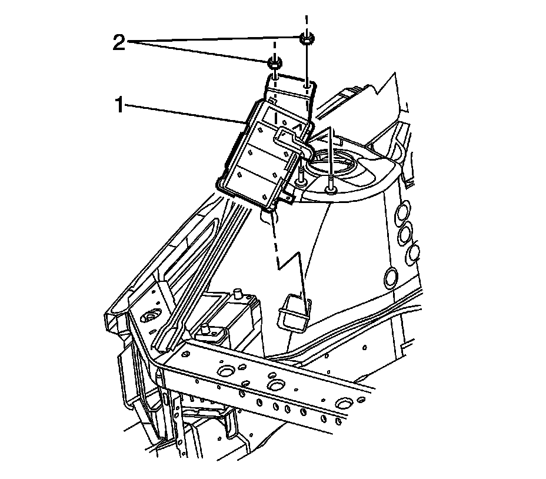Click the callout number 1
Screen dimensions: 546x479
pos(119,106)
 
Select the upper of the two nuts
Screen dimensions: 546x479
pos(306,39)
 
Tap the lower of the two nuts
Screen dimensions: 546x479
pos(274,61)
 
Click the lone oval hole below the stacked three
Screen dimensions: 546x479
pos(390,276)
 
